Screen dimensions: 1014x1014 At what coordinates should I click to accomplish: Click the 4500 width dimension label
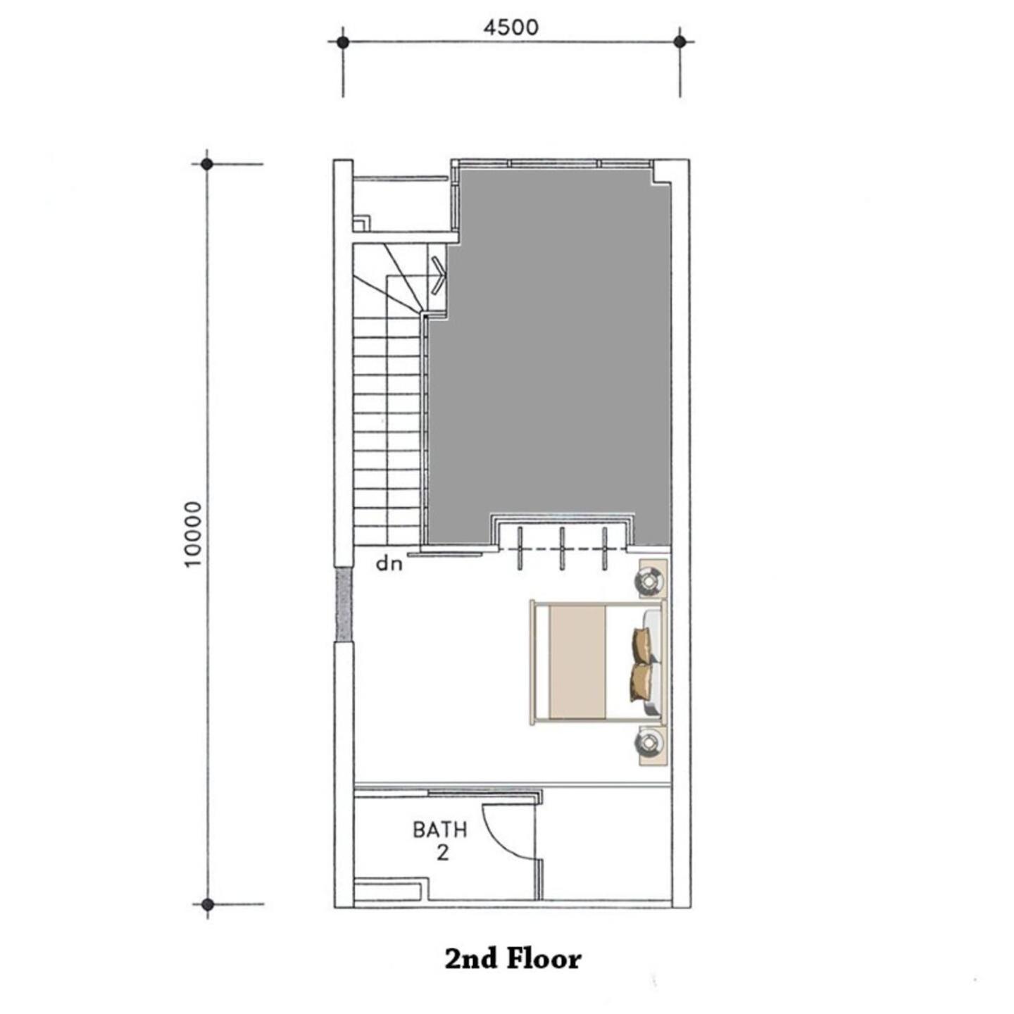click(511, 28)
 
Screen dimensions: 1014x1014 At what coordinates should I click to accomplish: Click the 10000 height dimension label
click(194, 534)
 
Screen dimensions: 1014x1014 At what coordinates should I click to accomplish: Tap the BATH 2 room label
click(440, 840)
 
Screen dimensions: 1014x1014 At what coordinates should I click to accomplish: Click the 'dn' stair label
click(389, 564)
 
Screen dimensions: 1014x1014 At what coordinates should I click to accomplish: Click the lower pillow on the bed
click(641, 682)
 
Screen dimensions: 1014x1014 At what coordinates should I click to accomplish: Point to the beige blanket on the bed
click(577, 662)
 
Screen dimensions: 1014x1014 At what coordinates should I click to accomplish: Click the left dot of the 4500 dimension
click(343, 43)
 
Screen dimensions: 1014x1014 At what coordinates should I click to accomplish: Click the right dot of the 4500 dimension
click(680, 43)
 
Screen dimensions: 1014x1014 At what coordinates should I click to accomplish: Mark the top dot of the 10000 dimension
click(207, 164)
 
